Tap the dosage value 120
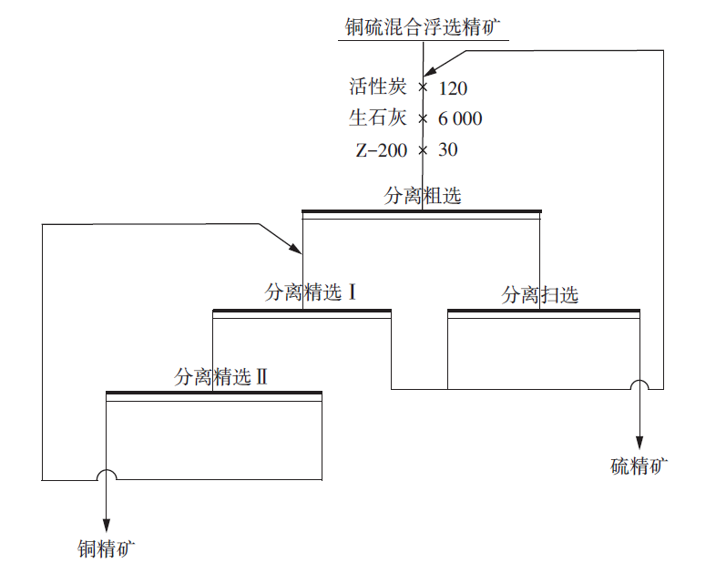point(454,88)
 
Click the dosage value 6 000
point(460,119)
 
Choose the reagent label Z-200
point(381,149)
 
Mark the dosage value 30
point(447,149)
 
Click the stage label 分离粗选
point(423,196)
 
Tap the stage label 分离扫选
point(540,295)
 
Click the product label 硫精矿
point(639,467)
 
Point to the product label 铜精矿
point(107,548)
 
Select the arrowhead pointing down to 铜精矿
point(107,524)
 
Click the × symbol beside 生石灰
point(423,119)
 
